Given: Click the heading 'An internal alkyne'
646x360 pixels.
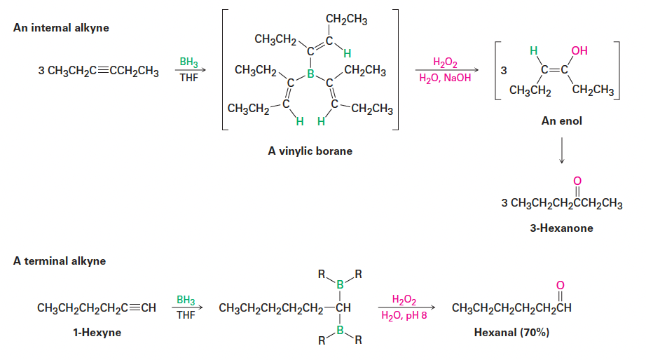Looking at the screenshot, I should (x=61, y=28).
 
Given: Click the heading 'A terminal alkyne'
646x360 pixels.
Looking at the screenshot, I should (x=60, y=261).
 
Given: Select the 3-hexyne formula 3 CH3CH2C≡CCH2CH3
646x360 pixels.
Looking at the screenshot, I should (x=99, y=71).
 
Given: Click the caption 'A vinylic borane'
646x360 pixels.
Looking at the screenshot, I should (x=310, y=151).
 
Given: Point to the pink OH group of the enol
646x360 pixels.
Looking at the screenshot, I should (x=579, y=50).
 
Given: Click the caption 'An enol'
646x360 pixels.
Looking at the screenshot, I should (x=561, y=120).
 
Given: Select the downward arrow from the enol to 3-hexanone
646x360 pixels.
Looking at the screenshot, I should (x=561, y=151).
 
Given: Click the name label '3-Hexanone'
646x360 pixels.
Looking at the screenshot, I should (x=561, y=228).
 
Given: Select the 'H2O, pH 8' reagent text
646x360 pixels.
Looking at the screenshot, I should (x=404, y=316).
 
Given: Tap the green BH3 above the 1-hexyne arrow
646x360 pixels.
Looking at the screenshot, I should (x=186, y=300).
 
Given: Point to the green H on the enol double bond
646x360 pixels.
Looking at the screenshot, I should (x=532, y=50).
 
